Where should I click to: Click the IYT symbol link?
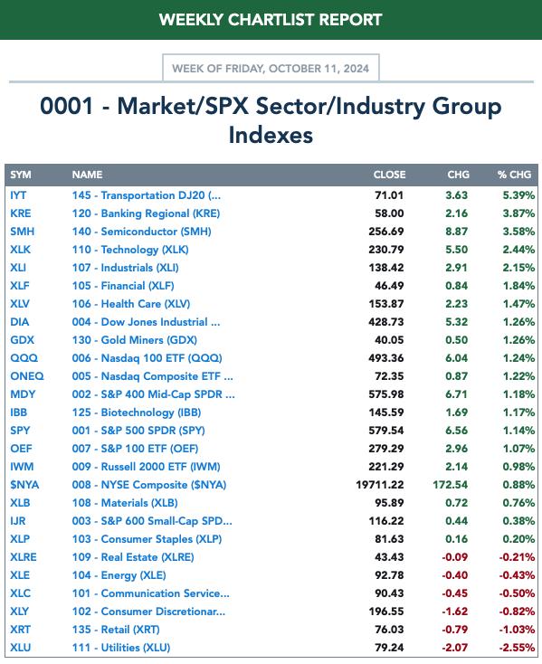tap(18, 195)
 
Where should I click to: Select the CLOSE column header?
tap(389, 175)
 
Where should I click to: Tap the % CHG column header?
tap(514, 175)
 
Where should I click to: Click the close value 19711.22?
tap(380, 485)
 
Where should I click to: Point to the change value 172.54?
tap(450, 485)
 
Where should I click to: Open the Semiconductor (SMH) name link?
tap(141, 232)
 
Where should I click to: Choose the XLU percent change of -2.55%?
tap(517, 648)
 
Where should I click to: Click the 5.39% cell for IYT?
tap(518, 195)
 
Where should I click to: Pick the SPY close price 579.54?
tap(386, 431)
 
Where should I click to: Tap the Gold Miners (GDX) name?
tap(134, 340)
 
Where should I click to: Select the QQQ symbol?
tap(24, 358)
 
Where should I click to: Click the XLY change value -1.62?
tap(455, 612)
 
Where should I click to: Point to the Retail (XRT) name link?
tap(116, 630)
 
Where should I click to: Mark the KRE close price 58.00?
tap(389, 213)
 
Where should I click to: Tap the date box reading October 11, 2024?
tap(271, 68)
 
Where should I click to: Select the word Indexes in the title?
tap(271, 136)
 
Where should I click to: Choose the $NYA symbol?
tap(24, 485)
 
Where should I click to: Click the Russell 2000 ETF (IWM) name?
tap(146, 467)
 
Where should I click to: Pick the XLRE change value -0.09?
tap(455, 557)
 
